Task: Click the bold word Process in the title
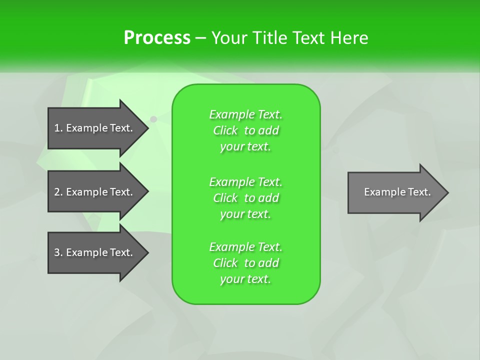(x=157, y=38)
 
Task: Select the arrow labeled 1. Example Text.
(x=93, y=128)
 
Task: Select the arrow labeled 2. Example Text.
(x=93, y=192)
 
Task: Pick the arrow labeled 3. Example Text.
(x=93, y=252)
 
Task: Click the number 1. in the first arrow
(x=58, y=128)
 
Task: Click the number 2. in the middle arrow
(x=58, y=192)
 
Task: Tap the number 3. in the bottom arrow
(x=58, y=252)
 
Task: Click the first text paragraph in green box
(x=245, y=130)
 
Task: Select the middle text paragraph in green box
(x=245, y=198)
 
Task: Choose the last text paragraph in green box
(x=245, y=263)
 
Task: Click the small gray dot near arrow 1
(x=153, y=119)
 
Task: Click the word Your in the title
(x=230, y=38)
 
